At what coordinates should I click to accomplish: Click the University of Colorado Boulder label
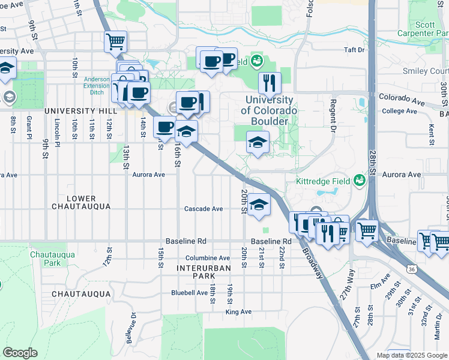point(268,110)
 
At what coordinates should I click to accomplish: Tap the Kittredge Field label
point(323,181)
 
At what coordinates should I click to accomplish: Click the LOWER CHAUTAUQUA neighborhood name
point(81,202)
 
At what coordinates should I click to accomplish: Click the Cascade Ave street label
point(203,209)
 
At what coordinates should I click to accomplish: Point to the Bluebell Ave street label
point(189,293)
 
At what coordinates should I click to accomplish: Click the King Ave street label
point(238,311)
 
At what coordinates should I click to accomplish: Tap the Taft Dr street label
point(354,50)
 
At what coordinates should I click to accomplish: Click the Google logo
point(20,353)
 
